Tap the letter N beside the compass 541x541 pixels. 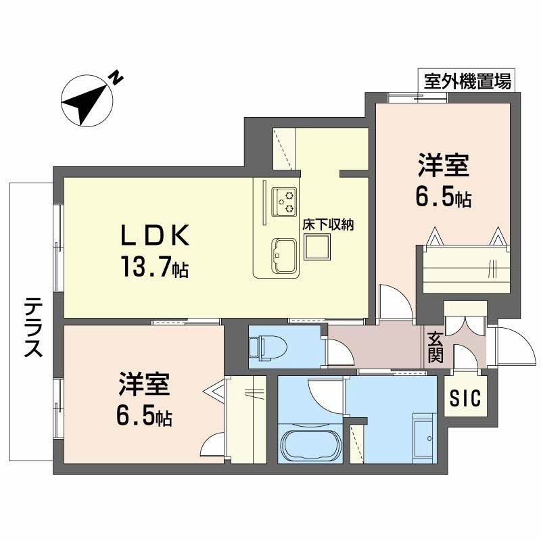click(x=117, y=78)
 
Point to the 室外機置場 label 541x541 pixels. click(x=466, y=81)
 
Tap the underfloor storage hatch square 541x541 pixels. click(x=316, y=249)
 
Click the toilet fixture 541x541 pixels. click(x=267, y=347)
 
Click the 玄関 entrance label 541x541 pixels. click(x=435, y=347)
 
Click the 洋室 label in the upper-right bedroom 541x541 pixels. click(x=444, y=166)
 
